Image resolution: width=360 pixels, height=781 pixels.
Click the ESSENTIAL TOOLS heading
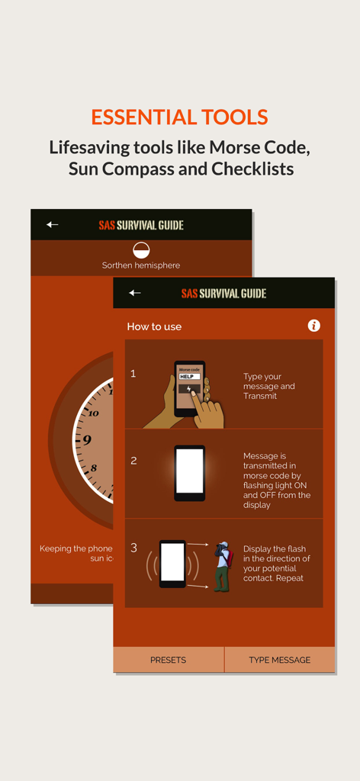pyautogui.click(x=179, y=117)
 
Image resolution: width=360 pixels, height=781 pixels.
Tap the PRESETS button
pyautogui.click(x=168, y=660)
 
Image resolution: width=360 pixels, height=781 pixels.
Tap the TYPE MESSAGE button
pyautogui.click(x=279, y=660)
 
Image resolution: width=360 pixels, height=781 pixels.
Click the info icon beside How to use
pyautogui.click(x=313, y=326)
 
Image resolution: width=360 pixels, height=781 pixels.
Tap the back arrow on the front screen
pyautogui.click(x=135, y=293)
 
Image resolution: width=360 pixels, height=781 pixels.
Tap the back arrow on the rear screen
pyautogui.click(x=52, y=224)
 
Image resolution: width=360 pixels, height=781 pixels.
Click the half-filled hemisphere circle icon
pyautogui.click(x=141, y=249)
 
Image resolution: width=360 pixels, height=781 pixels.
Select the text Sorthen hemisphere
pyautogui.click(x=141, y=265)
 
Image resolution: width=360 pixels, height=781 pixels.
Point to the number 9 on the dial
pyautogui.click(x=87, y=440)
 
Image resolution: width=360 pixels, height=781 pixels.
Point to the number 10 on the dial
pyautogui.click(x=93, y=413)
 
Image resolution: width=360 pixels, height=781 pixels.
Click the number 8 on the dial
pyautogui.click(x=94, y=468)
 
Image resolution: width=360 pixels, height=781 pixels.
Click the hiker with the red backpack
pyautogui.click(x=222, y=566)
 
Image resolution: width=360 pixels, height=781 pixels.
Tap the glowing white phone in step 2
pyautogui.click(x=189, y=473)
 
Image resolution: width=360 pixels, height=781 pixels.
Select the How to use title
pyautogui.click(x=154, y=326)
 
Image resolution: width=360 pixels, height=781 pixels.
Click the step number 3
pyautogui.click(x=134, y=548)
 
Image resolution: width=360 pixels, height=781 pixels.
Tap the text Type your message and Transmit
pyautogui.click(x=268, y=386)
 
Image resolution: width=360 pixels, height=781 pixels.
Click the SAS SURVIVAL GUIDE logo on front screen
pyautogui.click(x=223, y=293)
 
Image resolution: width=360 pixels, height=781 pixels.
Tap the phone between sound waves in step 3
pyautogui.click(x=172, y=563)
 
